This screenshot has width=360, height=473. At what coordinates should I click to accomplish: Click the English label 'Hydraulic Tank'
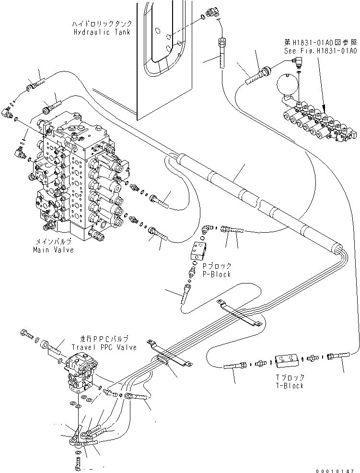pyautogui.click(x=102, y=32)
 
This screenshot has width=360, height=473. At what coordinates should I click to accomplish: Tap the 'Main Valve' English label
pyautogui.click(x=53, y=250)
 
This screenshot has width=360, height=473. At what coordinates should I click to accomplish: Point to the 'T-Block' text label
pyautogui.click(x=289, y=386)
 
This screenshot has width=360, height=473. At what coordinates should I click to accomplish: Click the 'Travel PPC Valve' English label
pyautogui.click(x=104, y=347)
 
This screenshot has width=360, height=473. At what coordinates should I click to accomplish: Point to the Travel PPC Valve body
pyautogui.click(x=80, y=369)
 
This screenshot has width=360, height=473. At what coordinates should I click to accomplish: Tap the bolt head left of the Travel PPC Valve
pyautogui.click(x=25, y=332)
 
